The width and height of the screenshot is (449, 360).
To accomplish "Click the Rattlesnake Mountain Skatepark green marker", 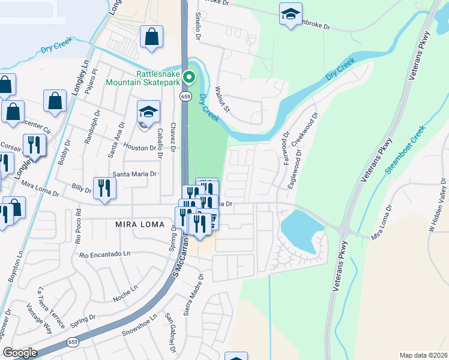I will click(x=189, y=77).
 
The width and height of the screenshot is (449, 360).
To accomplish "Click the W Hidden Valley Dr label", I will click(x=437, y=208).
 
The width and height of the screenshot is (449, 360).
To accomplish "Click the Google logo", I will click(x=20, y=353).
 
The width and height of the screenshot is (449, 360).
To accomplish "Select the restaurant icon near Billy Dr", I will click(x=104, y=188).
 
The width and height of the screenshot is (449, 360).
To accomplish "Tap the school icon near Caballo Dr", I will click(x=148, y=112).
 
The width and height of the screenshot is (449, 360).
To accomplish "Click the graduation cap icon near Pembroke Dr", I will click(x=291, y=14).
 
